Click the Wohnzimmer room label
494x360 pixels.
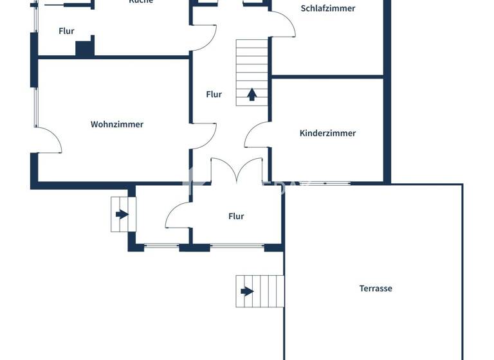pyautogui.click(x=117, y=124)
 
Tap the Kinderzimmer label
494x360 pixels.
pyautogui.click(x=327, y=133)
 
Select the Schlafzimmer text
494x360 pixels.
pyautogui.click(x=327, y=8)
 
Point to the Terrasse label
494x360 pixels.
pyautogui.click(x=376, y=289)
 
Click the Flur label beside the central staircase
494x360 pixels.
pyautogui.click(x=214, y=94)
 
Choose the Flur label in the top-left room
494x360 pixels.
pyautogui.click(x=66, y=31)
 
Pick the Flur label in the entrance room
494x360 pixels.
pyautogui.click(x=236, y=217)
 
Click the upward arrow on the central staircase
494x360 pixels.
pyautogui.click(x=252, y=94)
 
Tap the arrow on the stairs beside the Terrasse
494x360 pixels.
pyautogui.click(x=247, y=291)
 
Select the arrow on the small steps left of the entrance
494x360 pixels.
pyautogui.click(x=121, y=214)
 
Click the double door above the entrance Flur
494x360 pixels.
pyautogui.click(x=237, y=170)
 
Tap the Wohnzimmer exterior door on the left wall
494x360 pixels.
pyautogui.click(x=48, y=140)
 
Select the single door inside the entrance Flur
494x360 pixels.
pyautogui.click(x=178, y=215)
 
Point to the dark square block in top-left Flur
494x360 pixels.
pyautogui.click(x=84, y=48)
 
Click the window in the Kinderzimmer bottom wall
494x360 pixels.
pyautogui.click(x=325, y=183)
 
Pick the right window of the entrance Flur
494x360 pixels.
pyautogui.click(x=237, y=246)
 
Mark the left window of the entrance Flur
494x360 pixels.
pyautogui.click(x=161, y=246)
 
